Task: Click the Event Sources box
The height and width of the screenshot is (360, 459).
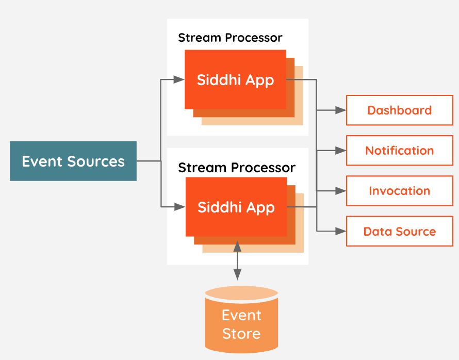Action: pos(73,161)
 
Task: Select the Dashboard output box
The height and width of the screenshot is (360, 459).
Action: pos(399,110)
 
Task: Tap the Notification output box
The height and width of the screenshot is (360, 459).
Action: pos(399,151)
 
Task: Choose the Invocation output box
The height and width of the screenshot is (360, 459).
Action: pos(399,191)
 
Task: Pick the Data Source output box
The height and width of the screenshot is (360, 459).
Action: pos(399,232)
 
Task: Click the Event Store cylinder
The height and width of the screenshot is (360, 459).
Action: pos(241,320)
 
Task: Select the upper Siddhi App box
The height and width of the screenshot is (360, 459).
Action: pos(235,80)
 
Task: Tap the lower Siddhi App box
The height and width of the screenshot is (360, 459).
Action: pos(236,207)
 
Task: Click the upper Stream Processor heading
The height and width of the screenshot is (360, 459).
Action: pos(230,38)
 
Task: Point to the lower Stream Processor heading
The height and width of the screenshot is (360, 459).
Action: pos(237,168)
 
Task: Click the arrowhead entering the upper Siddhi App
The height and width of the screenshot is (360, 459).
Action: pos(179,79)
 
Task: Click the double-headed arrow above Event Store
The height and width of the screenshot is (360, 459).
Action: pos(237,260)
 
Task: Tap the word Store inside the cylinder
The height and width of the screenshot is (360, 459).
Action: pos(241,334)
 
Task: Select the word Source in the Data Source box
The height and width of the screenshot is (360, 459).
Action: pos(415,232)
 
